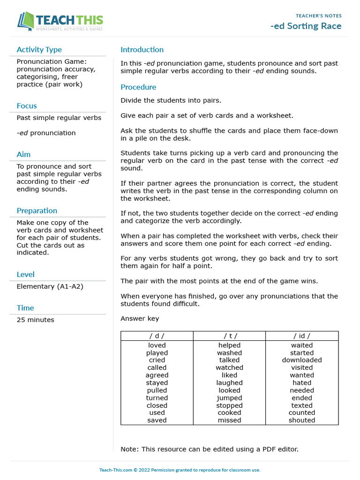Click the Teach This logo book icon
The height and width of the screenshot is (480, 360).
(x=26, y=21)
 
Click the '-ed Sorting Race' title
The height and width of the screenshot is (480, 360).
(x=306, y=26)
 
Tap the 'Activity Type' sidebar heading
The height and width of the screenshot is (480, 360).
(x=39, y=50)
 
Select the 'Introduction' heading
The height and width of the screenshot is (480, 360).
(x=142, y=50)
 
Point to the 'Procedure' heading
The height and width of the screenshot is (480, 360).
(x=138, y=87)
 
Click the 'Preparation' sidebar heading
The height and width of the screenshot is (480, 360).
(x=37, y=211)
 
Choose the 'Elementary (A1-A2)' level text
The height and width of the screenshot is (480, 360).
(x=50, y=286)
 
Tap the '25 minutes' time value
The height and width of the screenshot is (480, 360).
(x=35, y=320)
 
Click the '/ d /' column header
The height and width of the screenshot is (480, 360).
(x=157, y=336)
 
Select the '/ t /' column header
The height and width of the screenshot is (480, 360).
(x=229, y=336)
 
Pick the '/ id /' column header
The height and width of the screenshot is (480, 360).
(x=302, y=336)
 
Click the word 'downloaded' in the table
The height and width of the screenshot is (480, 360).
(x=302, y=360)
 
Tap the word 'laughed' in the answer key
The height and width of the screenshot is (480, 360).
(x=229, y=382)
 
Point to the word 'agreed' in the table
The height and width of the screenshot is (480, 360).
(x=157, y=375)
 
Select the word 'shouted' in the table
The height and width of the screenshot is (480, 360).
(x=302, y=420)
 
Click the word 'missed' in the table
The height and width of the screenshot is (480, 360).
(x=229, y=420)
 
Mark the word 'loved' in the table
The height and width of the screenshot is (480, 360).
(x=157, y=345)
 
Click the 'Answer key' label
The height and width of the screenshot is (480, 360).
(x=140, y=319)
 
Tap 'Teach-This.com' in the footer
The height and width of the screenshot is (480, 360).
(x=115, y=470)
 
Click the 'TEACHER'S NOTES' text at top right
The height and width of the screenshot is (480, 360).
(x=319, y=16)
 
